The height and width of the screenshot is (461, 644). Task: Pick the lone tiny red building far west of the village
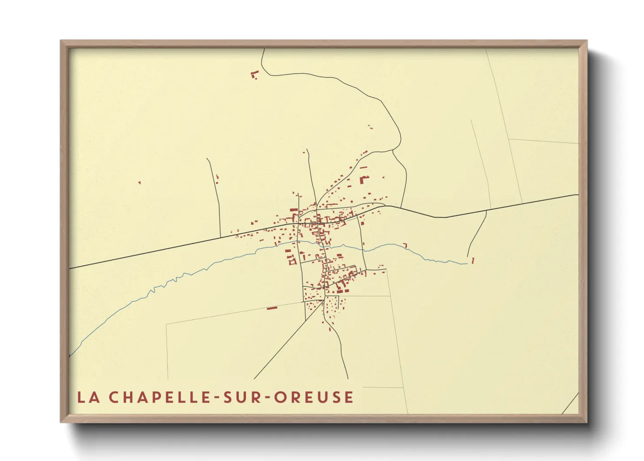(x=139, y=183)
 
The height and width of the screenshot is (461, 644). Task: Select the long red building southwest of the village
(x=272, y=308)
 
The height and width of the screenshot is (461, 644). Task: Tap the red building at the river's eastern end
(x=473, y=261)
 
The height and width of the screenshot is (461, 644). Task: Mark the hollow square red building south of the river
(x=292, y=262)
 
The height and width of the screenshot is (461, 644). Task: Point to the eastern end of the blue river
(x=466, y=264)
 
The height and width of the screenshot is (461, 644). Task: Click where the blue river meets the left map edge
(x=70, y=356)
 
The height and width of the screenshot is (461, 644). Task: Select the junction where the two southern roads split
(x=324, y=300)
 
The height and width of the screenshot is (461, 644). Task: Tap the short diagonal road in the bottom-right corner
(x=570, y=403)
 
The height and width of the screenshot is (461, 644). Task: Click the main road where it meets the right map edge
(x=577, y=194)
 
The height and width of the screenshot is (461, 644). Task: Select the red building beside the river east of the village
(x=406, y=245)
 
